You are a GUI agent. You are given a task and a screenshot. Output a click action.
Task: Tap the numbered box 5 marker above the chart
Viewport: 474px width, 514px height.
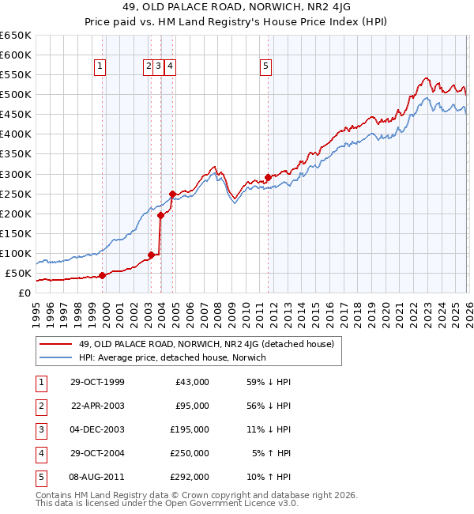pos(266,68)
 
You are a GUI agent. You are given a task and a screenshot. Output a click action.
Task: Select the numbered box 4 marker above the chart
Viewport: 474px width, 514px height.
pos(170,68)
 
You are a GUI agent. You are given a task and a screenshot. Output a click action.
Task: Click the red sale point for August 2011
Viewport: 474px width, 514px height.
pos(268,177)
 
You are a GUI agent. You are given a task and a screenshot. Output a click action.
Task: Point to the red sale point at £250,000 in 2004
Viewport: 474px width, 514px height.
pos(172,194)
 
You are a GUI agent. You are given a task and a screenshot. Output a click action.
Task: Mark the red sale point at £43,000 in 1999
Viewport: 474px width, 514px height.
pos(102,276)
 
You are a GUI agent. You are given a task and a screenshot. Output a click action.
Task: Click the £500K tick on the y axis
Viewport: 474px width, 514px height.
pos(15,95)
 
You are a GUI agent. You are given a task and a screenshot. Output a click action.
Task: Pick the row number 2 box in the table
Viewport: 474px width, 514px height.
pos(39,406)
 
